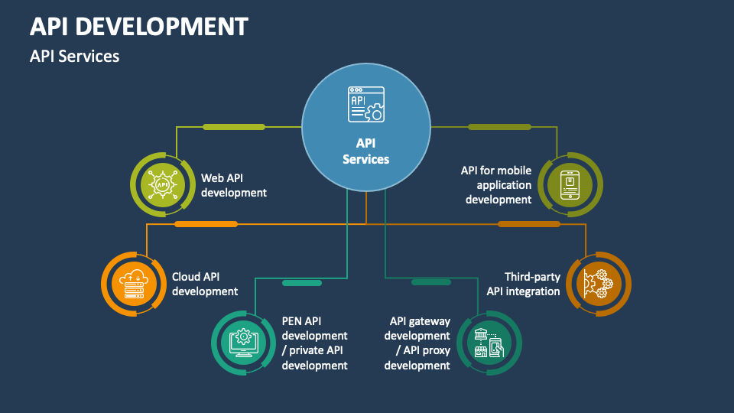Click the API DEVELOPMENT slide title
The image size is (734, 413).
click(x=138, y=27)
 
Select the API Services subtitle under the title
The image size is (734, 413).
click(x=74, y=56)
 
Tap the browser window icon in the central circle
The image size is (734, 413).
click(x=366, y=104)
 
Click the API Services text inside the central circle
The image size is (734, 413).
click(x=365, y=151)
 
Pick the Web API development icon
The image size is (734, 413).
click(x=162, y=184)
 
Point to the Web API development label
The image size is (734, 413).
click(x=233, y=185)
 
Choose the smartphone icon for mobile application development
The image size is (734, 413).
click(x=570, y=184)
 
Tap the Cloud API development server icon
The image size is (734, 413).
click(x=134, y=283)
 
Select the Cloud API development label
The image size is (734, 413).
click(x=204, y=284)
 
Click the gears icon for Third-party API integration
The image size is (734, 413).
click(x=598, y=283)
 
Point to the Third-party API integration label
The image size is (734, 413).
click(x=524, y=284)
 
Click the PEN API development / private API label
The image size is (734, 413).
click(x=314, y=343)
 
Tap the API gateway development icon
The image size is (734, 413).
click(x=489, y=342)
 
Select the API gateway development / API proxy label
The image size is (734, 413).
click(x=417, y=343)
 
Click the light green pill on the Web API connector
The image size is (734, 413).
click(x=233, y=126)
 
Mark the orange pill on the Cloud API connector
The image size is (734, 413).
click(x=206, y=224)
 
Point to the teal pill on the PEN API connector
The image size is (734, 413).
click(x=302, y=283)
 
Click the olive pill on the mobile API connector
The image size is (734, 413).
click(x=499, y=126)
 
